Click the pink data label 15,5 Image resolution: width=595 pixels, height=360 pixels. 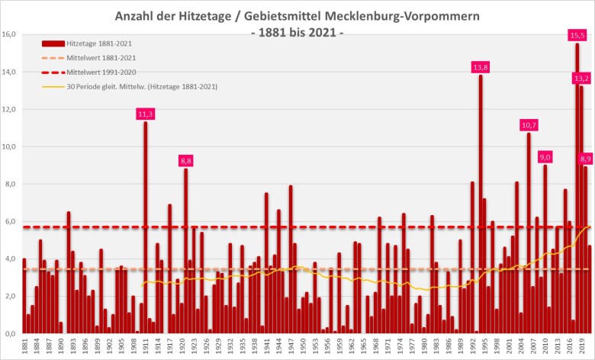(x=577, y=35)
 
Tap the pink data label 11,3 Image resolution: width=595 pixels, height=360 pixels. (x=145, y=114)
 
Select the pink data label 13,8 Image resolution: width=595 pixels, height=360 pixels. (x=481, y=67)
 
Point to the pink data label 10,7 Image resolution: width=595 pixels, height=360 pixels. (x=529, y=124)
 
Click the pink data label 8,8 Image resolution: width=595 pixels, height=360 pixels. (x=185, y=160)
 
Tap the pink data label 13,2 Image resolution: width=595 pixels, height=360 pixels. (x=581, y=78)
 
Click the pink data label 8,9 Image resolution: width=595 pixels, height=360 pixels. (x=586, y=159)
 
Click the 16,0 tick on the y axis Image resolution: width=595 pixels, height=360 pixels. (x=10, y=34)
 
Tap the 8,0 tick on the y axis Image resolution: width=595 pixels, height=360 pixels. (x=10, y=184)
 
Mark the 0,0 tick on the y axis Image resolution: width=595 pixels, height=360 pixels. (x=10, y=333)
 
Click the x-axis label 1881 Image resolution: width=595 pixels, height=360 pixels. (x=24, y=347)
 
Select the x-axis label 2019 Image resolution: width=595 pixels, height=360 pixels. (x=582, y=347)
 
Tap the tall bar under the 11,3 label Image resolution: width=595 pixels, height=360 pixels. (x=145, y=229)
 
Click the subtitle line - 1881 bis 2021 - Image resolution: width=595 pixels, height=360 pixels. (x=297, y=33)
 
